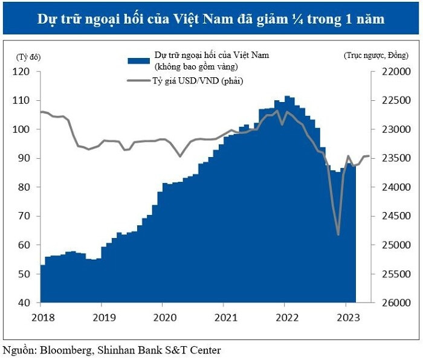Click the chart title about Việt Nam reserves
coord(211,18)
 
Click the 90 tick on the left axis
coord(24,158)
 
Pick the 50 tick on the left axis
coord(24,274)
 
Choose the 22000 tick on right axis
coord(391,71)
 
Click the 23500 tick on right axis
coord(391,158)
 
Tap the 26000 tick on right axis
coord(391,303)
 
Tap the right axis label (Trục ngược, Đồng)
coord(376,56)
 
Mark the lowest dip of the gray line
coord(338,234)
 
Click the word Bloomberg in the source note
coord(64,350)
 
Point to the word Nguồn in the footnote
coord(18,350)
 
